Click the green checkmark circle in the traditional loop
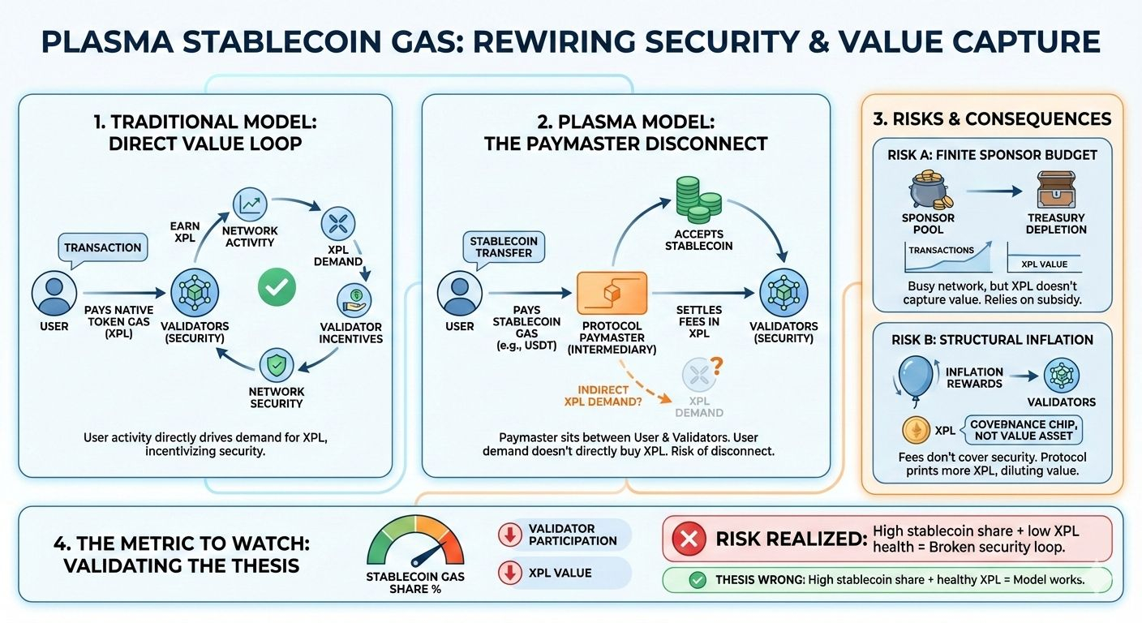(x=276, y=286)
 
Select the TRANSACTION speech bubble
(x=102, y=247)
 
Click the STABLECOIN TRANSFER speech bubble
(x=503, y=247)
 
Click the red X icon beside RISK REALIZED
(x=689, y=539)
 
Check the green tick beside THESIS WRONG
(x=695, y=580)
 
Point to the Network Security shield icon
(x=276, y=367)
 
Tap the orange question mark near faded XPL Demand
(x=715, y=369)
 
